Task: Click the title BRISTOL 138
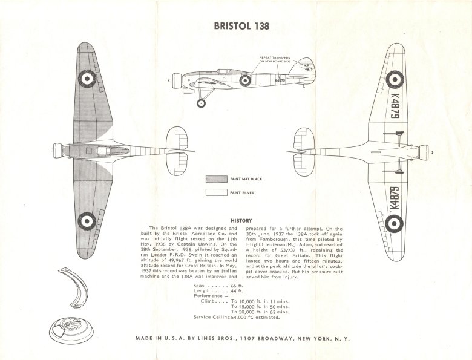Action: pos(242,27)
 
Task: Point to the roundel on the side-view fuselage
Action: pos(245,80)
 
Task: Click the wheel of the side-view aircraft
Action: pos(201,103)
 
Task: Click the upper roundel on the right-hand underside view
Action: pos(395,77)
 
